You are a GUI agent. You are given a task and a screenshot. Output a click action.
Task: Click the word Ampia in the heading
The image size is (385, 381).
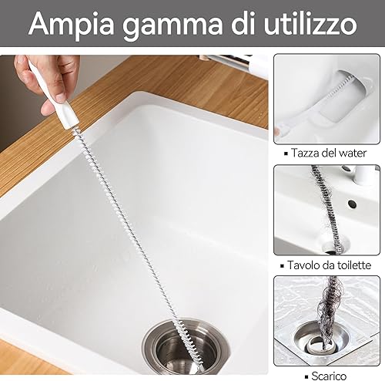point(72,25)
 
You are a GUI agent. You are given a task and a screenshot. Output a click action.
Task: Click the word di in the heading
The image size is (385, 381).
point(243,23)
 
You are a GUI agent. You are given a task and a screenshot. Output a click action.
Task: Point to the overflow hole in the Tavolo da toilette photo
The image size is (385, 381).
point(353,204)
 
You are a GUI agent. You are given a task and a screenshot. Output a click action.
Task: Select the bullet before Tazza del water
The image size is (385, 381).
point(286,153)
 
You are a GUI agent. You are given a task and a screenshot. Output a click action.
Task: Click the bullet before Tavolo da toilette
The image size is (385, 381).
point(283,266)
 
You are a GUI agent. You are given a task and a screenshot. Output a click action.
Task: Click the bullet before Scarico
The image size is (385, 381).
point(307,376)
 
